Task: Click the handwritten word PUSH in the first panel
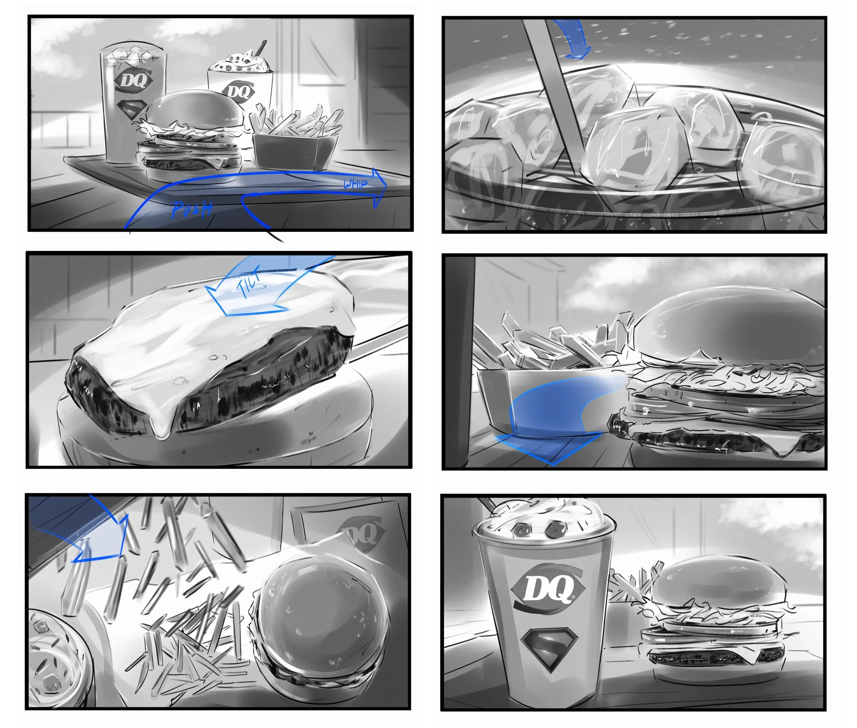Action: (x=192, y=209)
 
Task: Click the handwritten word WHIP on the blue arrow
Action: (x=355, y=183)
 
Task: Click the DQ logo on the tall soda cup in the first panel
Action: (x=133, y=80)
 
